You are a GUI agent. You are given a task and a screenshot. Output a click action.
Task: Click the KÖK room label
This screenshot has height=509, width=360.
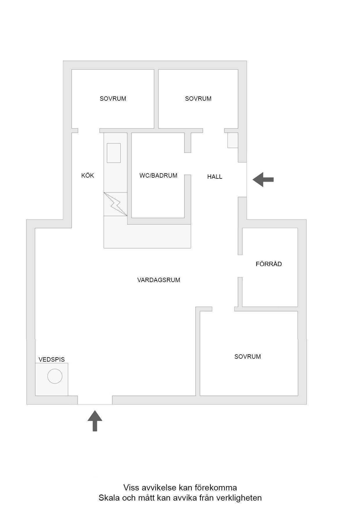[87, 175]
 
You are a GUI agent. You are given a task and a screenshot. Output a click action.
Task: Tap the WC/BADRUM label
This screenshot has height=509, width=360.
[158, 176]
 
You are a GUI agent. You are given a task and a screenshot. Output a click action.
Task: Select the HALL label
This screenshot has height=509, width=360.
[215, 177]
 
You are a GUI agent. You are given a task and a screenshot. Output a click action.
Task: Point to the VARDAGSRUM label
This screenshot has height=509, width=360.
[159, 280]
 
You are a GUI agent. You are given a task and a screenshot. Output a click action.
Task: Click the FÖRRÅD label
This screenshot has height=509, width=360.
[269, 264]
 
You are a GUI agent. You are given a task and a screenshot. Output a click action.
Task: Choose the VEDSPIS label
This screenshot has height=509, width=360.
[52, 360]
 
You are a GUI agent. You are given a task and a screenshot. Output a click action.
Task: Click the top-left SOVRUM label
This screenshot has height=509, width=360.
[113, 99]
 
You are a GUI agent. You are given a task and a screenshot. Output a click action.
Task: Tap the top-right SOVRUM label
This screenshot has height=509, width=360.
[198, 99]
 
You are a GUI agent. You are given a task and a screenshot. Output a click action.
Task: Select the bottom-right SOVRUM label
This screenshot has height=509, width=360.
[248, 357]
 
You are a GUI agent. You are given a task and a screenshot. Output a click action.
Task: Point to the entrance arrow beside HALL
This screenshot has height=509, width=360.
[263, 180]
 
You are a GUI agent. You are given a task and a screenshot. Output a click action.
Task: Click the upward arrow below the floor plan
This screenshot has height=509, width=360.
[95, 421]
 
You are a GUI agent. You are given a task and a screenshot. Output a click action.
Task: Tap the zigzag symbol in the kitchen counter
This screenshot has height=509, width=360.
[116, 204]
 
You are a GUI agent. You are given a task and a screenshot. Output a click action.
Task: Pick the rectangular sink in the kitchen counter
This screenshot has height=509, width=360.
[114, 153]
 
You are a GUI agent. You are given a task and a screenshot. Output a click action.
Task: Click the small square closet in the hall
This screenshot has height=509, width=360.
[233, 140]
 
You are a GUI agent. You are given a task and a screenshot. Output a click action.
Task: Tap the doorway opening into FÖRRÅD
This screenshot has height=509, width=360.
[240, 266]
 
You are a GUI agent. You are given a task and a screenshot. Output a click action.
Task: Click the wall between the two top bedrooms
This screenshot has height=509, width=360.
[156, 99]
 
